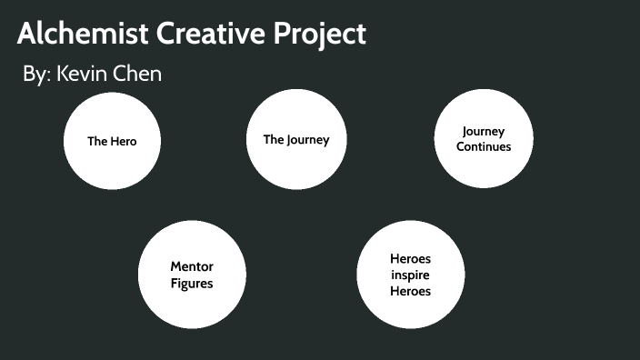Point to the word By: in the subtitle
(x=36, y=75)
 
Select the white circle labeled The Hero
(x=112, y=140)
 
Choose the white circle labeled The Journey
(x=296, y=139)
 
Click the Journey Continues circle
(x=483, y=138)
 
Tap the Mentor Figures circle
(x=192, y=275)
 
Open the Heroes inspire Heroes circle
(x=410, y=275)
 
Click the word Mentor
(x=192, y=266)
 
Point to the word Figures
(x=192, y=284)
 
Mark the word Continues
(x=484, y=146)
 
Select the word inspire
(x=410, y=275)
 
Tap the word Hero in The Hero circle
(x=124, y=141)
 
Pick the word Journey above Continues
(x=484, y=132)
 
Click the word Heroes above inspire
(x=410, y=259)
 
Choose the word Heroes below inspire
(x=410, y=291)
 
